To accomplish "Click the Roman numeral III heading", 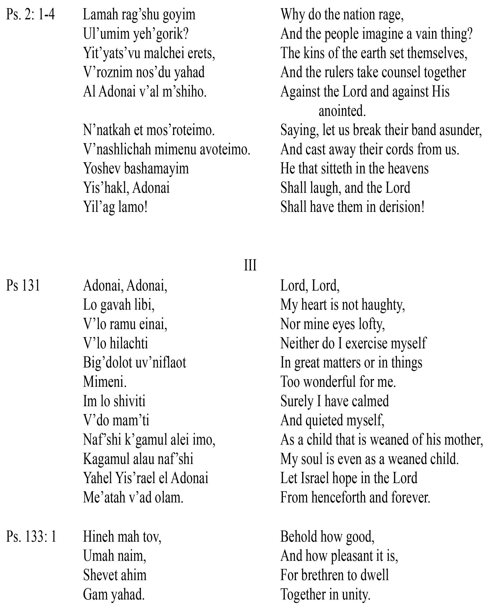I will tap(250, 265).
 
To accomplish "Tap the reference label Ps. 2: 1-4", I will tap(31, 15).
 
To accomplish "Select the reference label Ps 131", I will tap(23, 285).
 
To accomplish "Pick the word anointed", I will tap(342, 111).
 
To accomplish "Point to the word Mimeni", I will tap(105, 382).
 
